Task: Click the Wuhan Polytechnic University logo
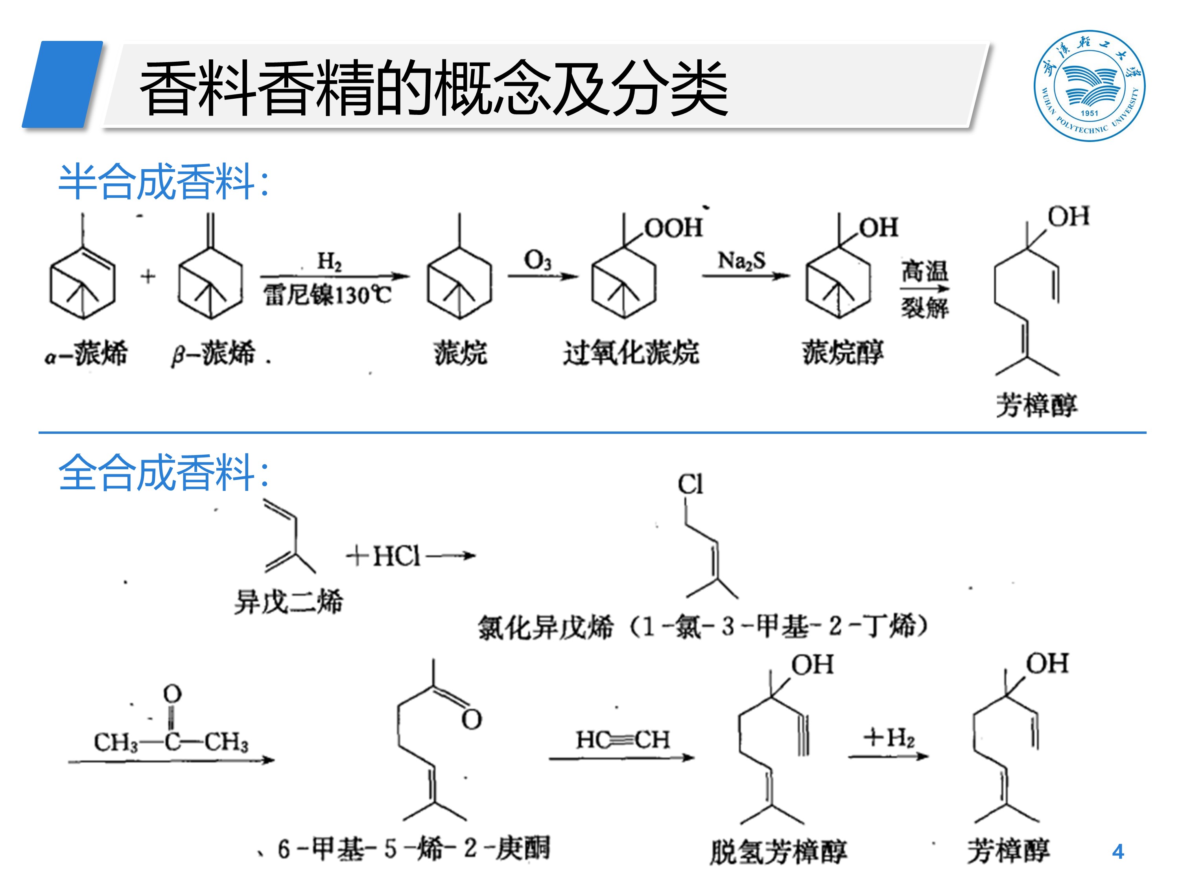[1089, 85]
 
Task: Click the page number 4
[1117, 852]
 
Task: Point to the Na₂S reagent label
[741, 260]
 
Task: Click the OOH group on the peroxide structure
[673, 228]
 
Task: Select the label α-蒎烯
[87, 353]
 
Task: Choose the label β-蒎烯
[213, 353]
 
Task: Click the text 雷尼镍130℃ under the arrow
[327, 295]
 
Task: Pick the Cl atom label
[690, 484]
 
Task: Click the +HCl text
[384, 557]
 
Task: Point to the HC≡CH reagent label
[623, 740]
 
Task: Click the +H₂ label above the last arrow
[889, 738]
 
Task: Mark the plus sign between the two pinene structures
[148, 277]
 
